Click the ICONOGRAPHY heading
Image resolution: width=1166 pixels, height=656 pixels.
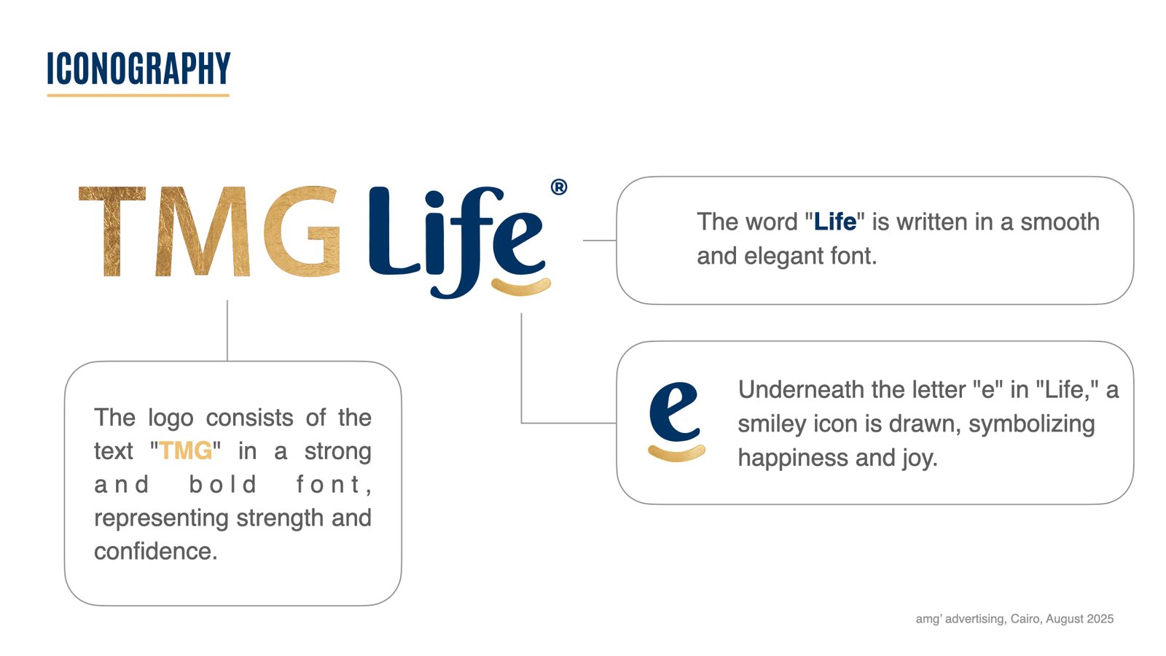(138, 69)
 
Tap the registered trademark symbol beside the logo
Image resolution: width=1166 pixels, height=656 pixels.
(559, 187)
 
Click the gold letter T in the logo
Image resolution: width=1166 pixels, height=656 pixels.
(111, 231)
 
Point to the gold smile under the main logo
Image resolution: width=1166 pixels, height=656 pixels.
(521, 287)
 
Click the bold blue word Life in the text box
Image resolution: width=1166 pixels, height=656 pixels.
(834, 222)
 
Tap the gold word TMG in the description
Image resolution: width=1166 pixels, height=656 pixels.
(186, 451)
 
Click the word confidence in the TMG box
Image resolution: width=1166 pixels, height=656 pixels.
(154, 552)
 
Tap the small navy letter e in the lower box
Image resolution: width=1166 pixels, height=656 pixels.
(674, 412)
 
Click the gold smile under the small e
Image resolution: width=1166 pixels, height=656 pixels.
(676, 453)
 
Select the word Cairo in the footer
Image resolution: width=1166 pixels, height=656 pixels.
(1025, 619)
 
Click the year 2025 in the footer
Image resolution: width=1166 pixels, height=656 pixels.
(1100, 619)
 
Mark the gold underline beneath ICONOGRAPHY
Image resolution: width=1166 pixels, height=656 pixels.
(138, 95)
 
